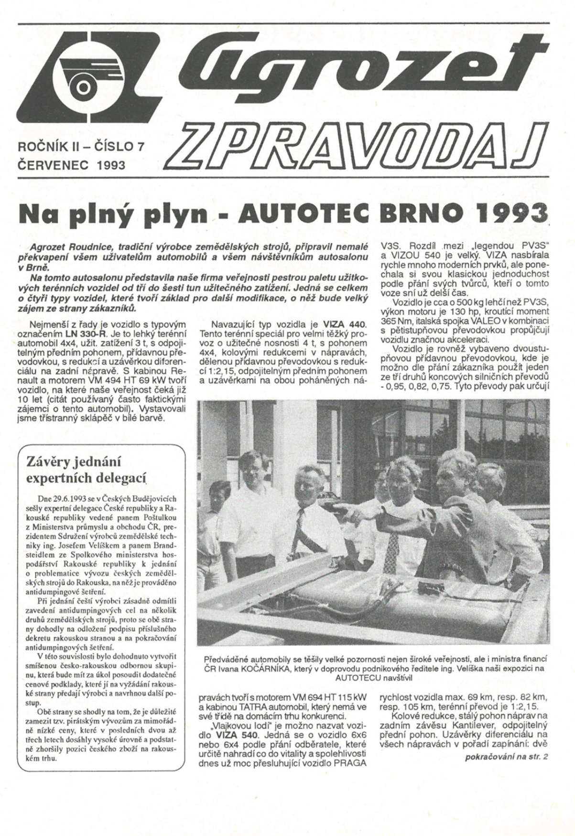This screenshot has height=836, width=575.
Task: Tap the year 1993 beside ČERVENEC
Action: tap(110, 165)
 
